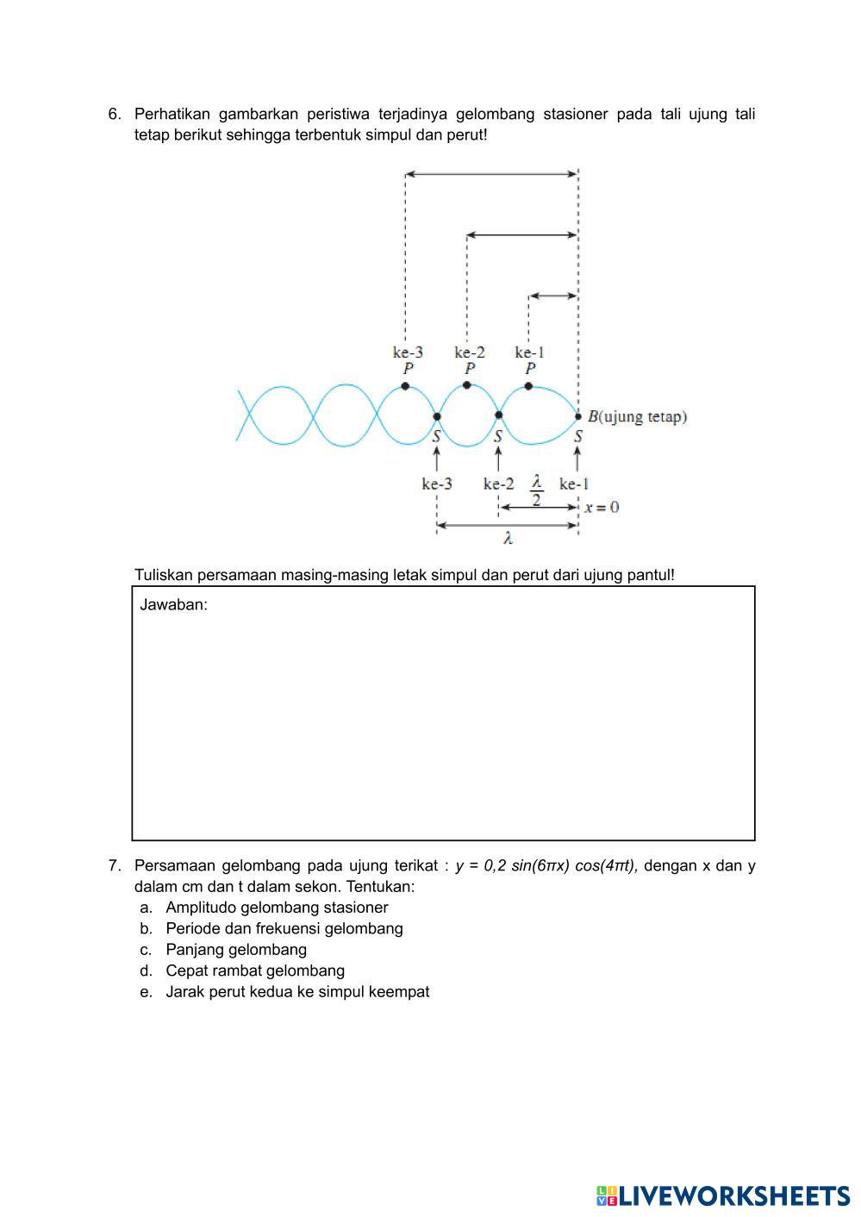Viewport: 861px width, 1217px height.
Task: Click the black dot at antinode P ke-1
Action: tap(528, 386)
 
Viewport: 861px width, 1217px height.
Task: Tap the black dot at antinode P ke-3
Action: tap(405, 386)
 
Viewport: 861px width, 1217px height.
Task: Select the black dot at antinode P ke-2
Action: tap(467, 385)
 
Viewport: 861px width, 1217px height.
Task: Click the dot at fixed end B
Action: tap(578, 416)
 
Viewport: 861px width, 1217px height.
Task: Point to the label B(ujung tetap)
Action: tap(637, 416)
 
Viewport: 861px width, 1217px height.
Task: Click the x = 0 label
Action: tap(602, 507)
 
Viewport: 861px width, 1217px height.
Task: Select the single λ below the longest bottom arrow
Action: tap(508, 539)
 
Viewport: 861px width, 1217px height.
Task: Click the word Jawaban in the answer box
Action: tap(173, 604)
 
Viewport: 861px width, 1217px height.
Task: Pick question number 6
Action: tap(115, 115)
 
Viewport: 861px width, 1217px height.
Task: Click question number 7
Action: tap(115, 865)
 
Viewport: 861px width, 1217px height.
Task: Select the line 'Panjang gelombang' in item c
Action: tap(236, 949)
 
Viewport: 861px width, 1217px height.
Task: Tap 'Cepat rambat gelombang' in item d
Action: tap(255, 970)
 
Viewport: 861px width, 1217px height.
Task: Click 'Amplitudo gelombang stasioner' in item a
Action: tap(277, 907)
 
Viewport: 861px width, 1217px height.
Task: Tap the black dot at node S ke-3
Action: tap(437, 416)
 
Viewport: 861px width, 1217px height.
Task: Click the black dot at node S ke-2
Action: tap(498, 415)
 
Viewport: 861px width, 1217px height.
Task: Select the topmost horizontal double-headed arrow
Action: tap(491, 174)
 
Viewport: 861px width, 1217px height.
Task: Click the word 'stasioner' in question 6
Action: tap(575, 115)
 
